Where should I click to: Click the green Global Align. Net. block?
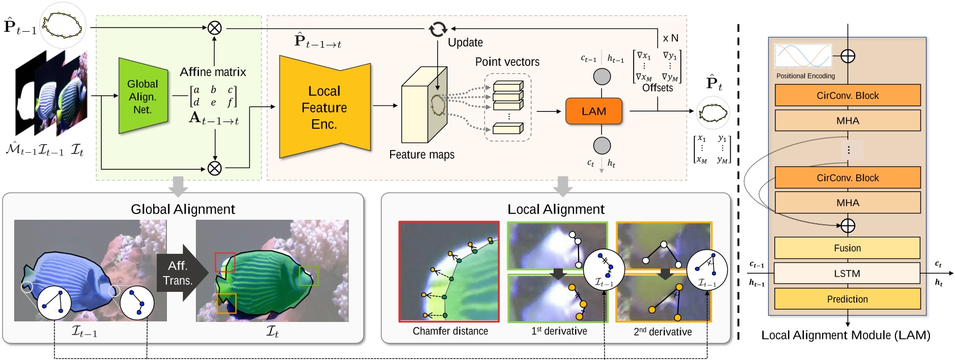click(x=143, y=96)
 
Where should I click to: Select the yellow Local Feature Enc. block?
click(x=324, y=108)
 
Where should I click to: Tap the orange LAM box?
click(x=593, y=111)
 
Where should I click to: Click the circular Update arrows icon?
click(x=438, y=29)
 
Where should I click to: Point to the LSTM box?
click(x=847, y=273)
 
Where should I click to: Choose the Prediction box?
click(x=847, y=299)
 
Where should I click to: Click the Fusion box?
click(x=847, y=248)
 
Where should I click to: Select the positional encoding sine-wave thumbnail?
click(x=803, y=57)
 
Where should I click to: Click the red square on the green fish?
click(x=225, y=262)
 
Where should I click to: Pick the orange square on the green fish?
click(x=226, y=303)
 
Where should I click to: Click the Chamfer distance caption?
click(x=450, y=331)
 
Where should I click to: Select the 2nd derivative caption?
click(x=663, y=332)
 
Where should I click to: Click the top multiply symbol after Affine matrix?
click(x=215, y=27)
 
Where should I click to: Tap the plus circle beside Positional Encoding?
click(x=847, y=56)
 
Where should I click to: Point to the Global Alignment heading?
click(x=183, y=209)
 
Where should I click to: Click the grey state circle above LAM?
click(x=602, y=77)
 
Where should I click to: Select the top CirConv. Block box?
click(x=847, y=95)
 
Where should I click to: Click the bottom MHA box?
click(x=847, y=203)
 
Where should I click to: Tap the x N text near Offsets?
click(x=670, y=38)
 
